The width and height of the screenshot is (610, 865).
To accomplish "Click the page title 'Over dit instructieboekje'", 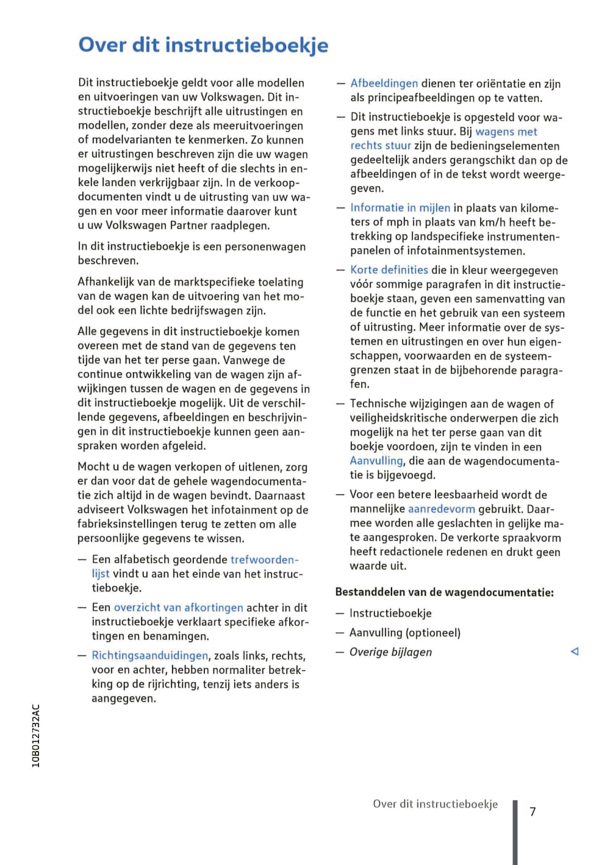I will pyautogui.click(x=203, y=45).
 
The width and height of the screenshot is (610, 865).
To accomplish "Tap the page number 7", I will pyautogui.click(x=533, y=811).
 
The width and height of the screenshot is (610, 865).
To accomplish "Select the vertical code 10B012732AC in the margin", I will pyautogui.click(x=36, y=736).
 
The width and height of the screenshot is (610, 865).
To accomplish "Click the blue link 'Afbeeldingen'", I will pyautogui.click(x=384, y=84).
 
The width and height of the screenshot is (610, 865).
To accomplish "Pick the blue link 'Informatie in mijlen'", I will pyautogui.click(x=400, y=208).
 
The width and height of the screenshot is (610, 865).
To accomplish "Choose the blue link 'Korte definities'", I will pyautogui.click(x=389, y=270).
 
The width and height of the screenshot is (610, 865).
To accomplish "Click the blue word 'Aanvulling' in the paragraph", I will pyautogui.click(x=376, y=461).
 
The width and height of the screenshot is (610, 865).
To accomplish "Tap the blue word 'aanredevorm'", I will pyautogui.click(x=441, y=509).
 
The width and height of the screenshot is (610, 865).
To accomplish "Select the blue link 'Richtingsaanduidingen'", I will pyautogui.click(x=149, y=656).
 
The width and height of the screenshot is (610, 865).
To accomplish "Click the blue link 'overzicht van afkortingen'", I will pyautogui.click(x=178, y=608).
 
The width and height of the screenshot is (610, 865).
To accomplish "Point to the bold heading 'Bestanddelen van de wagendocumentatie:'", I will pyautogui.click(x=445, y=592).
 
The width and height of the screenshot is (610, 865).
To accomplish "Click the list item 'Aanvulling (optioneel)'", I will pyautogui.click(x=405, y=633).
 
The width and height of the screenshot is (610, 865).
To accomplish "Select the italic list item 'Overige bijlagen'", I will pyautogui.click(x=390, y=652).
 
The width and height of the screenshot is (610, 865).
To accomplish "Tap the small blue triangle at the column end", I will pyautogui.click(x=574, y=651).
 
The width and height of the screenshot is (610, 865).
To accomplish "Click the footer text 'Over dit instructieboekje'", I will pyautogui.click(x=435, y=804).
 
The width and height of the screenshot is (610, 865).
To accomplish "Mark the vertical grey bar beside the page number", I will pyautogui.click(x=515, y=832).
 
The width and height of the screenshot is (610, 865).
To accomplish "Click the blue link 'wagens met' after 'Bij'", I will pyautogui.click(x=506, y=131).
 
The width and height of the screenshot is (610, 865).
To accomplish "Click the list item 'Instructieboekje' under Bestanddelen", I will pyautogui.click(x=390, y=613).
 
